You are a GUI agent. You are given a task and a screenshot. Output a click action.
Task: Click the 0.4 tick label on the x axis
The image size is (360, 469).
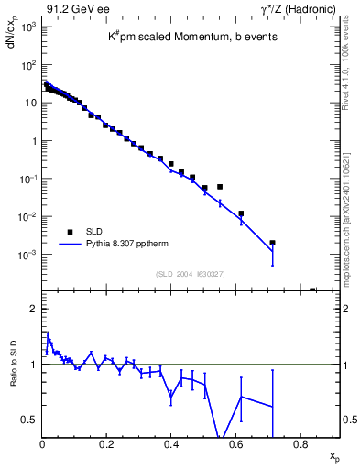(x=171, y=446)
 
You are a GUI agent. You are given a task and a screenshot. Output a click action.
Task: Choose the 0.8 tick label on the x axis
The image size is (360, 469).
(x=300, y=446)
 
